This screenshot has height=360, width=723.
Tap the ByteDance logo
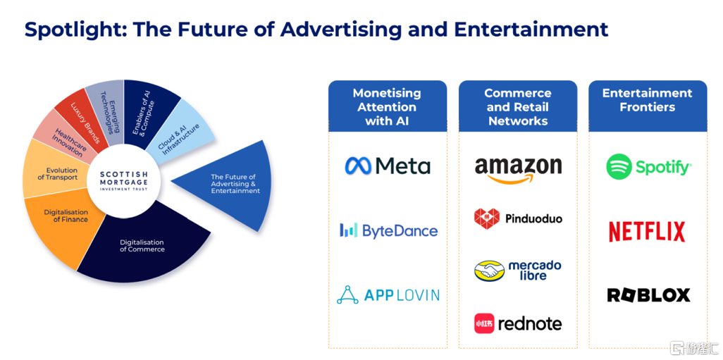[x=388, y=230]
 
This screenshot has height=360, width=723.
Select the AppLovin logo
[x=388, y=295]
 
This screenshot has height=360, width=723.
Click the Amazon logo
[x=518, y=170]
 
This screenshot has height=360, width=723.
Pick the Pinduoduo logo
[x=518, y=218]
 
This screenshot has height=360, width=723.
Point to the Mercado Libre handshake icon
[x=489, y=271]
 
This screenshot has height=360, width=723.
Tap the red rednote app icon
[x=483, y=323]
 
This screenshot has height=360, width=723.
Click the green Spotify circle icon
[x=619, y=166]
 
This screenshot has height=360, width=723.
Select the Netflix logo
[x=647, y=231]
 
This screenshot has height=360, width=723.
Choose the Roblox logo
[x=648, y=295]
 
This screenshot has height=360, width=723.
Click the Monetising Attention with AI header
[x=388, y=106]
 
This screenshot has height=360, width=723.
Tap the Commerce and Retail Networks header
[x=518, y=106]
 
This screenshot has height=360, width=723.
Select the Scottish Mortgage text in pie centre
[x=123, y=177]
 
